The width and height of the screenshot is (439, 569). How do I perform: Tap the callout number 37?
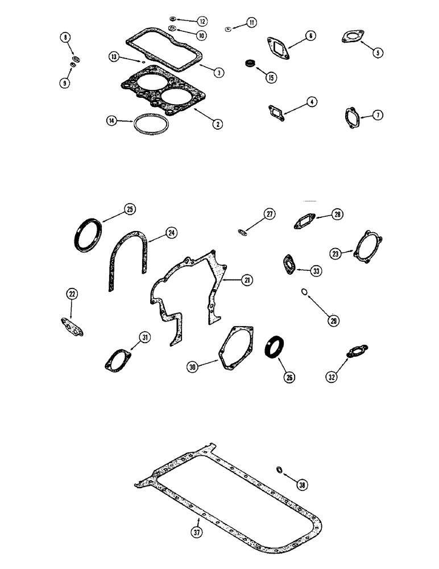[x=197, y=533]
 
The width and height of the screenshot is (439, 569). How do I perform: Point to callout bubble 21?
[x=246, y=280]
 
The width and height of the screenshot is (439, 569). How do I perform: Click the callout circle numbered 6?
[x=310, y=36]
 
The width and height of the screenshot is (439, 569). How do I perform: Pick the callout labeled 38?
[x=301, y=484]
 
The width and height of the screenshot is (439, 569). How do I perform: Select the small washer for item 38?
[x=279, y=469]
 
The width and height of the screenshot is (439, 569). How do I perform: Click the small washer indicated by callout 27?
[x=242, y=231]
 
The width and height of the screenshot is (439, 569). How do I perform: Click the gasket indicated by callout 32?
[x=356, y=352]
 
